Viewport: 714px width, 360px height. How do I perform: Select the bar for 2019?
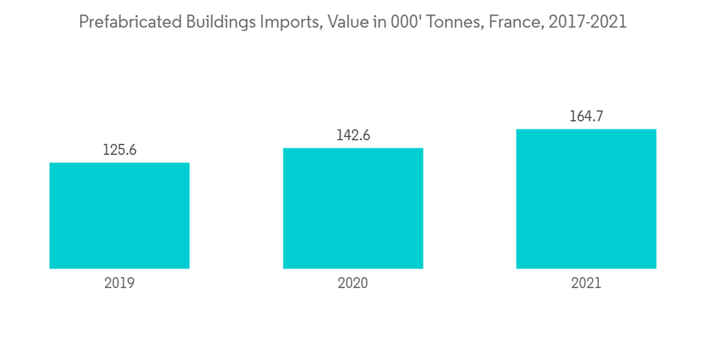pos(119,216)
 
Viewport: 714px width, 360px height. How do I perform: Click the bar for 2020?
pos(353,209)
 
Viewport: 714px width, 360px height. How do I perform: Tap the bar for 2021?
pos(586,199)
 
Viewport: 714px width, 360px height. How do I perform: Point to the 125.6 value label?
pos(119,151)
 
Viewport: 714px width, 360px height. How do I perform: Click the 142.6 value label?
pos(353,136)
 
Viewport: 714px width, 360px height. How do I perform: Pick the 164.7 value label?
pos(586,116)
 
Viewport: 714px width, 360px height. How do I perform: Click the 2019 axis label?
pos(119,283)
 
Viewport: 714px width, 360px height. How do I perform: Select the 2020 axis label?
pos(353,283)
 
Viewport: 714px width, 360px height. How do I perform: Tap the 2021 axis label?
pos(586,283)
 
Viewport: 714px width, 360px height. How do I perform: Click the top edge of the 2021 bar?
pos(586,130)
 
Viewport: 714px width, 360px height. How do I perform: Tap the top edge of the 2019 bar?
pos(119,164)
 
